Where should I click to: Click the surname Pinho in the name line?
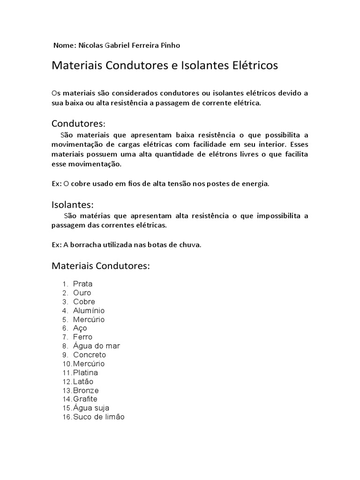point(170,45)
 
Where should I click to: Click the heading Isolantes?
point(73,204)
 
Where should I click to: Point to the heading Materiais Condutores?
point(100,266)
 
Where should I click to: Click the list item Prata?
point(83,284)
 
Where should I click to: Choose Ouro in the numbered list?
point(82,292)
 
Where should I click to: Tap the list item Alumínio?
point(89,310)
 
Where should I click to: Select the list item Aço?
point(80,328)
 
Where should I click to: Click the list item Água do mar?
point(97,346)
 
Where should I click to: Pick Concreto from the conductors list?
point(90,355)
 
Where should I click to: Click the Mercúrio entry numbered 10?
point(89,364)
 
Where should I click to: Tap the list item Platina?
point(85,373)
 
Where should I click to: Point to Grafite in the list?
point(85,399)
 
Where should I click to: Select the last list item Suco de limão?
point(99,417)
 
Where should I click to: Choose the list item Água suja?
point(91,408)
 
